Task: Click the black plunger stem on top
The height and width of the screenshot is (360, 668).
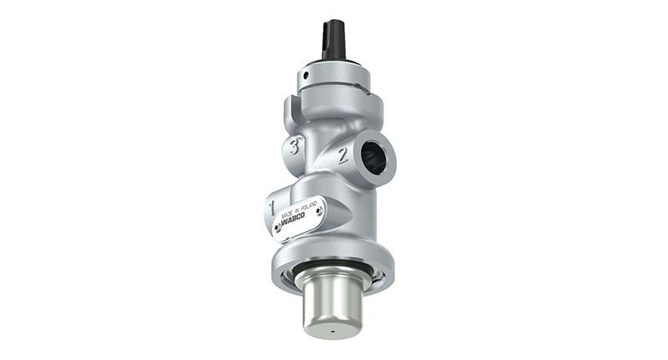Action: click(x=333, y=39)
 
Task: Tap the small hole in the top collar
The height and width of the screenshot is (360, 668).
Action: click(x=306, y=75)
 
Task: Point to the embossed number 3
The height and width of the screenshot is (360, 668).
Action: click(x=293, y=145)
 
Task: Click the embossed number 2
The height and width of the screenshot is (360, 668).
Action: click(x=342, y=155)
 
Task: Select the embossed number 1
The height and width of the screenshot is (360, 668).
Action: click(x=271, y=208)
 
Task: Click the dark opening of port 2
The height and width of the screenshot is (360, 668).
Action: click(x=373, y=158)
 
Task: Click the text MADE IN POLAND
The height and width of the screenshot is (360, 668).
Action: click(x=300, y=210)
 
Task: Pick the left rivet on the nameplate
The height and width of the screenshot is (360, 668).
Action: click(x=278, y=229)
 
